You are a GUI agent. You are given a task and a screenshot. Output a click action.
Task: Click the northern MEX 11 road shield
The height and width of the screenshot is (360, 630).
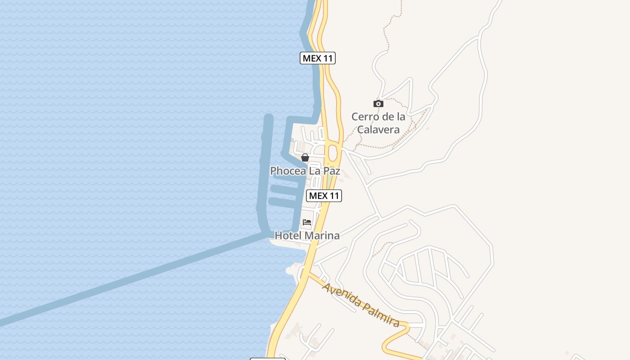(318, 58)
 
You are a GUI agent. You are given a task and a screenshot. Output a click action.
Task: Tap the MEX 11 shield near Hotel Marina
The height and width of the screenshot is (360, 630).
(324, 196)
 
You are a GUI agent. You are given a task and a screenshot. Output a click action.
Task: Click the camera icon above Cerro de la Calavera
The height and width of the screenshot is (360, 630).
(378, 104)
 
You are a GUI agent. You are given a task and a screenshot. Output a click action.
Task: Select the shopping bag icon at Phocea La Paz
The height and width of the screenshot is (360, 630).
(305, 157)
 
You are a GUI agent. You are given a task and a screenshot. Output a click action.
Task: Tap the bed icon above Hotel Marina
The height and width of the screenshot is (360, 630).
(307, 222)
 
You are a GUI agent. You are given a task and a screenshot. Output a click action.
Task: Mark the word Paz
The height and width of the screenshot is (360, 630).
(331, 171)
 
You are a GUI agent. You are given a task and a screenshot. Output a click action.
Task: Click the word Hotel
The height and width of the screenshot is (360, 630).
(288, 235)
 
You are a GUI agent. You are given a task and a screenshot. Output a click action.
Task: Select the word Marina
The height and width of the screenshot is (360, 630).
(322, 235)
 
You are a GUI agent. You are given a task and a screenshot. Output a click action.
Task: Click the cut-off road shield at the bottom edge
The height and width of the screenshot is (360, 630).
(267, 359)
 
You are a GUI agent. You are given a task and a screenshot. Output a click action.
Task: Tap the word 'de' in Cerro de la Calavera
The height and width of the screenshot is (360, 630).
(385, 117)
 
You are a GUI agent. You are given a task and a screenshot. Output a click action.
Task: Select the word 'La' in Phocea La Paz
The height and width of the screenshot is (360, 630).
(313, 171)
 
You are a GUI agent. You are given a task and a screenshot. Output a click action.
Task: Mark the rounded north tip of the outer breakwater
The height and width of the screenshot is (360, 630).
(269, 118)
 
